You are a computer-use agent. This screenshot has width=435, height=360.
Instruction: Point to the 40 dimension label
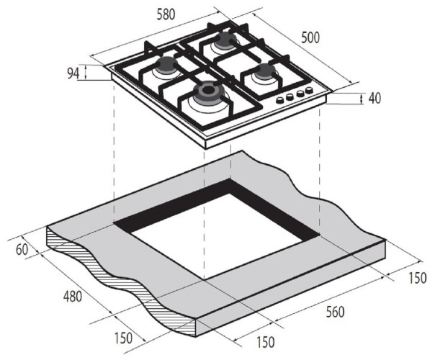tap(374, 99)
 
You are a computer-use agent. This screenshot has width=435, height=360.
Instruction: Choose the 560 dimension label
tap(333, 312)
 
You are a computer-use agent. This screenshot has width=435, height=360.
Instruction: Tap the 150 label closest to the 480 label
tap(124, 338)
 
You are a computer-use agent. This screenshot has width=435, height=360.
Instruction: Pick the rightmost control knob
tap(310, 91)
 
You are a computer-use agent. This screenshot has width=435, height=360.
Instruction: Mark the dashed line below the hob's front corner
tap(205, 216)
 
